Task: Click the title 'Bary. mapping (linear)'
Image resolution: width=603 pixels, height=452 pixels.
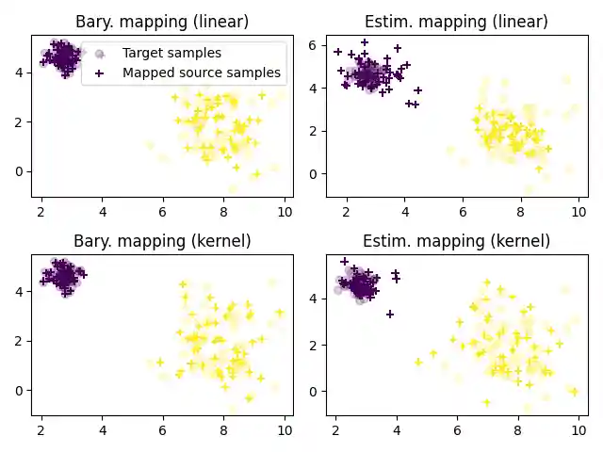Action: tap(161, 22)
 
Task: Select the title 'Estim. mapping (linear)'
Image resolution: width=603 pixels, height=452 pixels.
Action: tap(455, 22)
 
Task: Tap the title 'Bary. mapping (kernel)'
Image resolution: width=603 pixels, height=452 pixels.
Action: tap(161, 241)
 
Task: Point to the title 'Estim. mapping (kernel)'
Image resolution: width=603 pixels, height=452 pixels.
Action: tap(455, 241)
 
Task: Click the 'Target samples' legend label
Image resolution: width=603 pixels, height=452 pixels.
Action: tap(171, 54)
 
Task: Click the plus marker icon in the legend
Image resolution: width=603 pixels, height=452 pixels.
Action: tap(99, 73)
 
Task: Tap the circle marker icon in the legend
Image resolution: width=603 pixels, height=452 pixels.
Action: tap(99, 54)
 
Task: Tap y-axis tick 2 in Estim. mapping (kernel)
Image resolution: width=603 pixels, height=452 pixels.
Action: tap(321, 345)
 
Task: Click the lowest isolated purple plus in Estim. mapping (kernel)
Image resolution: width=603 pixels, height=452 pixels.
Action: tap(389, 314)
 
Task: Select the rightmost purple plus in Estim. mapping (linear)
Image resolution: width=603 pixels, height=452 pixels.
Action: tap(417, 90)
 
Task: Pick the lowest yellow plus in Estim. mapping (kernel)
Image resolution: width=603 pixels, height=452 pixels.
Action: tap(486, 402)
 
